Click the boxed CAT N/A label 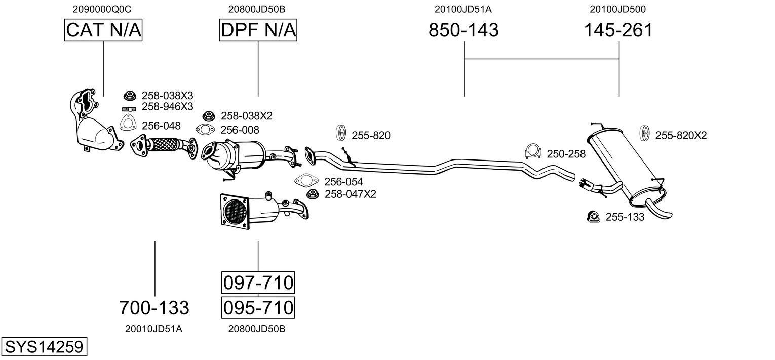pyautogui.click(x=103, y=30)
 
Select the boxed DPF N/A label pyautogui.click(x=258, y=30)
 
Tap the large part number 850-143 pyautogui.click(x=463, y=30)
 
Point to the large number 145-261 pyautogui.click(x=618, y=30)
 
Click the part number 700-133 pyautogui.click(x=154, y=307)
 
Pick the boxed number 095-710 pyautogui.click(x=258, y=307)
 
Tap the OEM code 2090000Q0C pyautogui.click(x=102, y=9)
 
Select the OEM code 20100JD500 pyautogui.click(x=617, y=9)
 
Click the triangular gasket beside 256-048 pyautogui.click(x=129, y=123)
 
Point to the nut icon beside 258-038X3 pyautogui.click(x=130, y=95)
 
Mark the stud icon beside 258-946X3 pyautogui.click(x=130, y=108)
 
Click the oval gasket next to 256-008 pyautogui.click(x=204, y=130)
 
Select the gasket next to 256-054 pyautogui.click(x=305, y=181)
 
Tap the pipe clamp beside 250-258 pyautogui.click(x=533, y=151)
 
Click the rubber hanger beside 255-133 pyautogui.click(x=592, y=217)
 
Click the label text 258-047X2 pyautogui.click(x=350, y=194)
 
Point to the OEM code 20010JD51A pyautogui.click(x=153, y=329)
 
